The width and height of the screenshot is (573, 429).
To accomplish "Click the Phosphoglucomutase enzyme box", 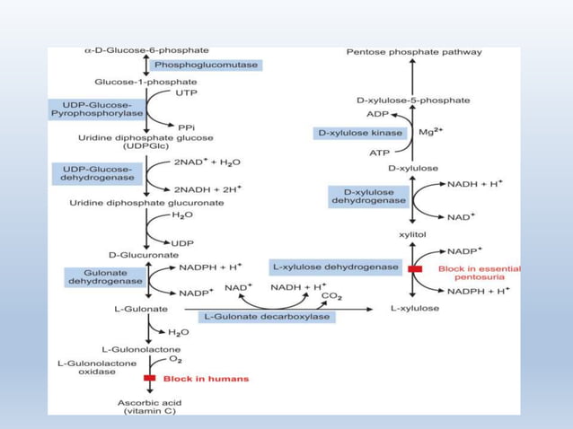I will coord(207,66).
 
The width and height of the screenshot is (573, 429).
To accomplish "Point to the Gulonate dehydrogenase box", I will coord(104,276).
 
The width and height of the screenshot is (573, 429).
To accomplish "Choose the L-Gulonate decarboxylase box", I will coord(268,317).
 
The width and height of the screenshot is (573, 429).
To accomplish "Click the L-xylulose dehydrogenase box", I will coord(335,267).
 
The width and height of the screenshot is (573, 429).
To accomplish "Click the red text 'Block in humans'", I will coord(206,379).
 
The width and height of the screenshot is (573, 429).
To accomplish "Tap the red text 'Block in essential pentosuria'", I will coord(479,273).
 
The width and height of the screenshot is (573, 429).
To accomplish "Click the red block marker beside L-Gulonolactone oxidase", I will coord(149,379).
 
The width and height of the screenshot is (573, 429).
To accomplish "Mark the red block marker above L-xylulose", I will coord(414,268).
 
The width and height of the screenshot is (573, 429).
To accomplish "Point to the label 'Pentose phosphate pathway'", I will coord(414,52).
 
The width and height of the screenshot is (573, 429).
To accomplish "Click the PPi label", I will coord(188,127).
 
